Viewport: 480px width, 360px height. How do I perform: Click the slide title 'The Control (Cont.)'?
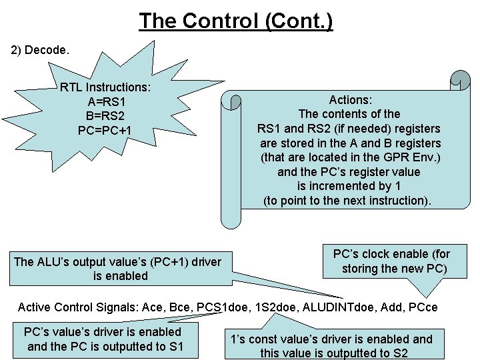coord(236,21)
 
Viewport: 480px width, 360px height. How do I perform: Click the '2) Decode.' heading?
coord(41,50)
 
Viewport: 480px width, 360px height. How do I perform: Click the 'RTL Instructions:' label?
coord(105,87)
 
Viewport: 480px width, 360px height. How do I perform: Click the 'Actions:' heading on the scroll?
coord(350,99)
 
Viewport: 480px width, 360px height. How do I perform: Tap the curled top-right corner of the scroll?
coord(459,80)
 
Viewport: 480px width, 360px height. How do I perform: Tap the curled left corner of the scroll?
coord(231,101)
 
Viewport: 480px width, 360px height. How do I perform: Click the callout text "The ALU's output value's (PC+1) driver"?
coord(117,261)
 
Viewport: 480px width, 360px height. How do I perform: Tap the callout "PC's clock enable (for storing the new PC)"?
coord(391,261)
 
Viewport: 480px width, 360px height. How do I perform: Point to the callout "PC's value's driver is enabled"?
coord(102,331)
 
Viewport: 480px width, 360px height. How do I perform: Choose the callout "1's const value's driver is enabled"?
coord(332,339)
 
